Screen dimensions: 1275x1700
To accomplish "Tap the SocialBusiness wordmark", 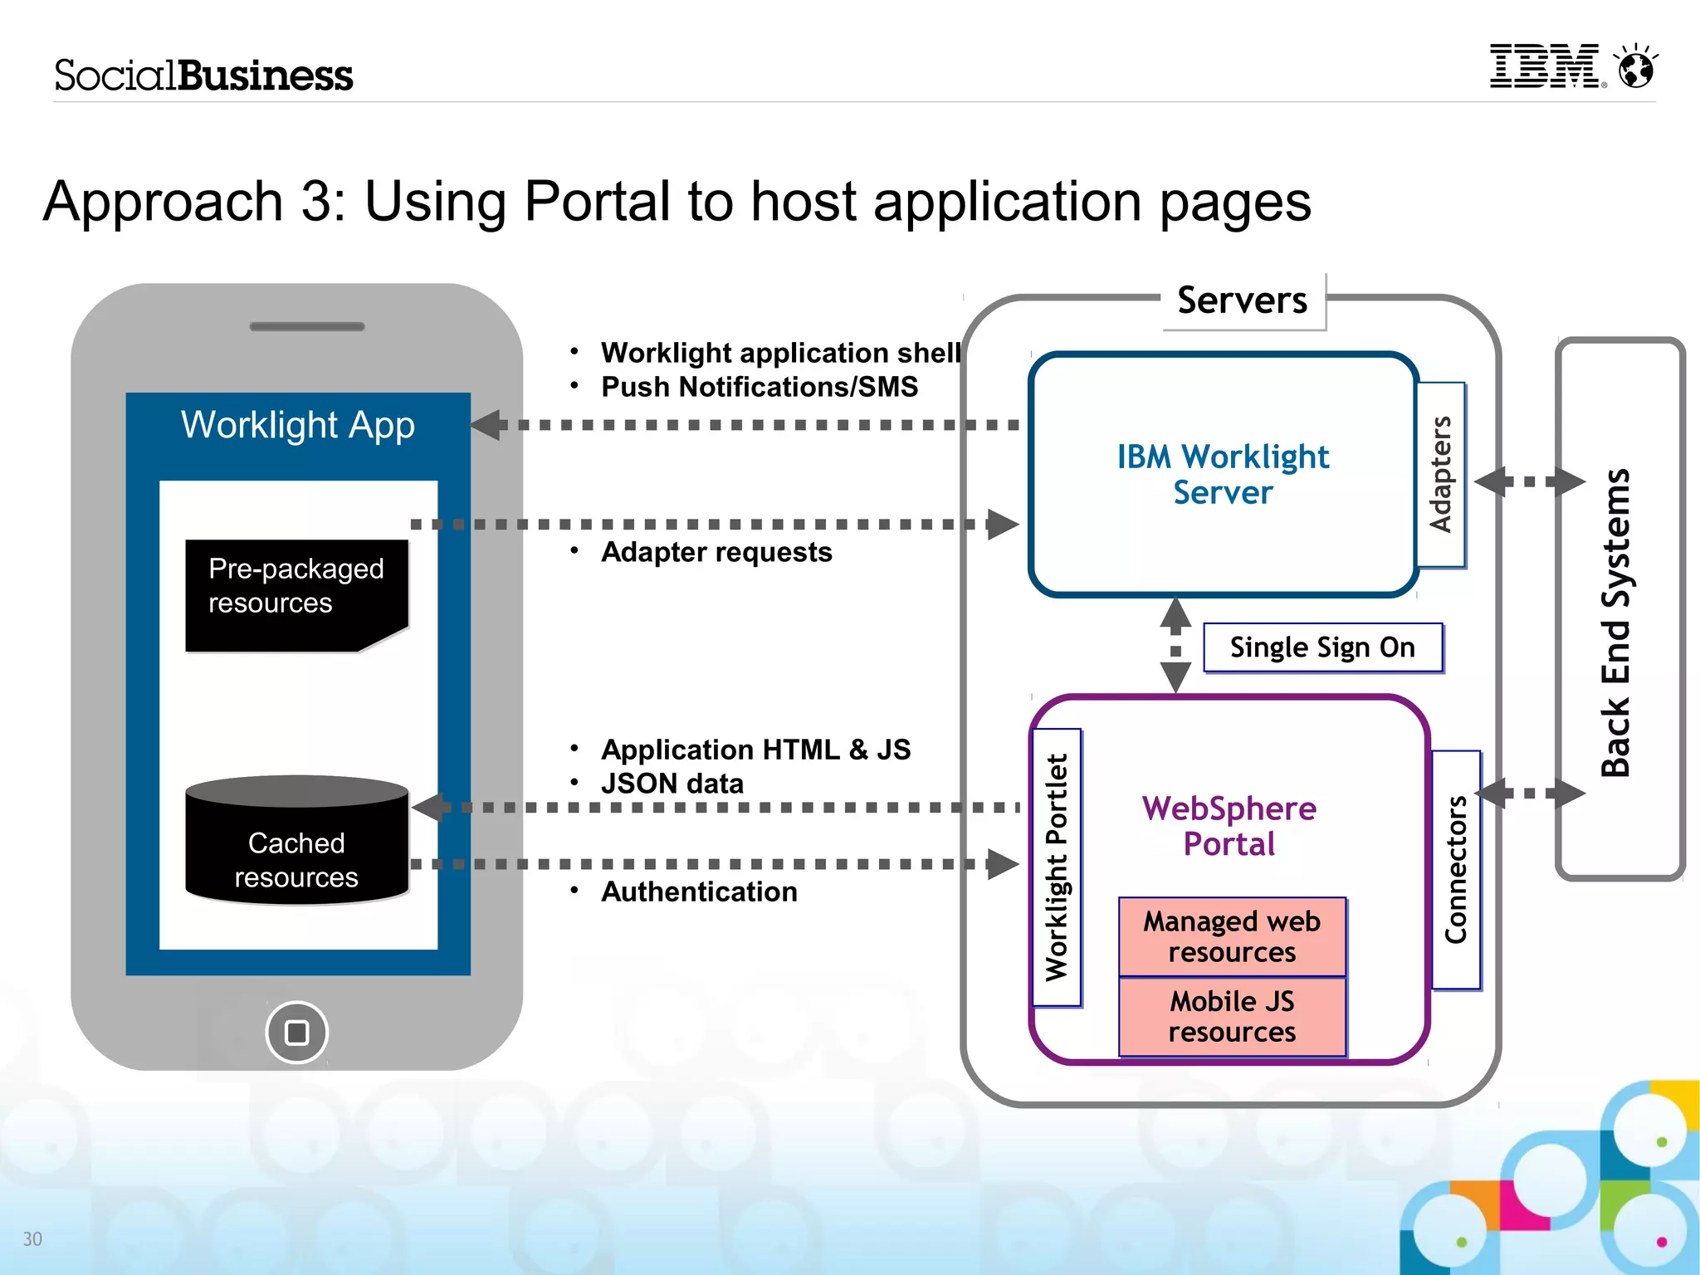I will [203, 76].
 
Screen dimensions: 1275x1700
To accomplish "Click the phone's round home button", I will [296, 1032].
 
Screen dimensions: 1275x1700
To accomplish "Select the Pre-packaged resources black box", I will [296, 594].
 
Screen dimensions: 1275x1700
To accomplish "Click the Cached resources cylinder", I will [296, 843].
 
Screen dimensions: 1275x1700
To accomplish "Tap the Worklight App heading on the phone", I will [297, 425].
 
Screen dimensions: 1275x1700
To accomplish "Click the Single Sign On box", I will [1322, 647].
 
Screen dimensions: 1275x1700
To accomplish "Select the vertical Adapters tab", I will [1441, 475].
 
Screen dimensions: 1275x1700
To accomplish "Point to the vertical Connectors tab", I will [1456, 869].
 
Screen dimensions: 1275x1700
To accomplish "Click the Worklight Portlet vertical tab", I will [1056, 867].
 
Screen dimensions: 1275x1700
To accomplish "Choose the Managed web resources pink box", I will [1232, 936].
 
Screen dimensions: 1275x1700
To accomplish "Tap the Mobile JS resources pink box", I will [1232, 1017].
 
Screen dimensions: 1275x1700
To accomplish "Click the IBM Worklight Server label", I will [1223, 475].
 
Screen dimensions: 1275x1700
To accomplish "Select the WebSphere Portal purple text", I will [1229, 826].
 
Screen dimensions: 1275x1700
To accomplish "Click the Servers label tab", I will [1243, 300].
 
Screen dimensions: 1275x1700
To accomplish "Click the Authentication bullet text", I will [699, 892].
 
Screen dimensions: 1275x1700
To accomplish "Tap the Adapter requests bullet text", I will [716, 552].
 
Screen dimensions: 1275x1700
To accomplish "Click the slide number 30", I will [32, 1238].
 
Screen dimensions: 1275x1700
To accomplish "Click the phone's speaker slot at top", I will [307, 326].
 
